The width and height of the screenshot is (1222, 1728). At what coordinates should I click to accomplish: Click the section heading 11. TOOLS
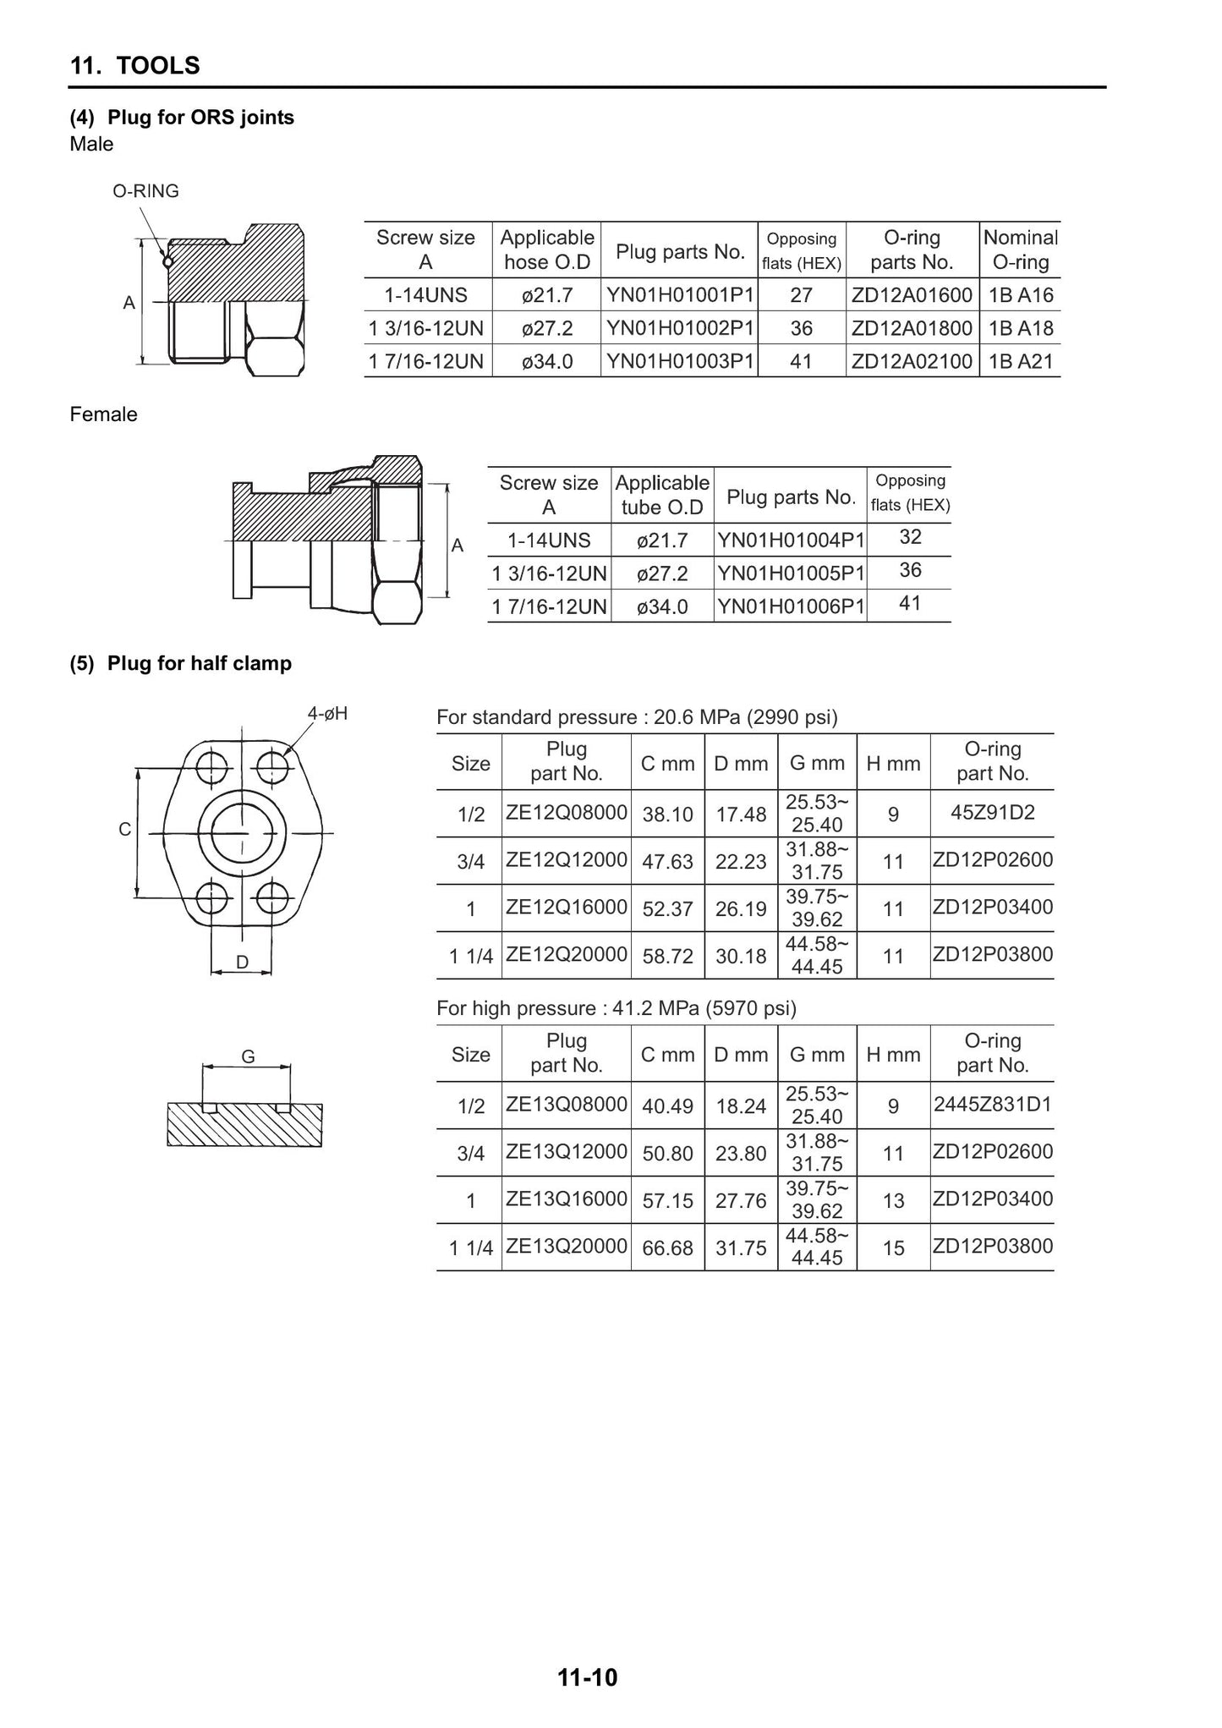click(x=135, y=65)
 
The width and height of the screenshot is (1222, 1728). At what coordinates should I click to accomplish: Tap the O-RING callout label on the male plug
click(x=146, y=191)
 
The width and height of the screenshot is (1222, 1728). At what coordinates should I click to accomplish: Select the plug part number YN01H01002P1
click(x=680, y=328)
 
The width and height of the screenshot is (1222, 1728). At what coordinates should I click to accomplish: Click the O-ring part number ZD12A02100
click(x=912, y=362)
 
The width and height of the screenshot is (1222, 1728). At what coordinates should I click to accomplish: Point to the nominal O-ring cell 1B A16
click(x=1021, y=295)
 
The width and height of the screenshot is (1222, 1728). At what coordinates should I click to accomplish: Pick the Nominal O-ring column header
click(x=1021, y=250)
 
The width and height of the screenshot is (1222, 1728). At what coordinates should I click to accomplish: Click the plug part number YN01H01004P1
click(x=792, y=540)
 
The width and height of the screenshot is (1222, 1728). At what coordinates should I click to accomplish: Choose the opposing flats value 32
click(x=910, y=537)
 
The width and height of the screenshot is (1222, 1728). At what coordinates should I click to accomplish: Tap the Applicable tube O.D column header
click(x=662, y=495)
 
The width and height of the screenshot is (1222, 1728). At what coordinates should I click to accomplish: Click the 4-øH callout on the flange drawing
click(x=327, y=714)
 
